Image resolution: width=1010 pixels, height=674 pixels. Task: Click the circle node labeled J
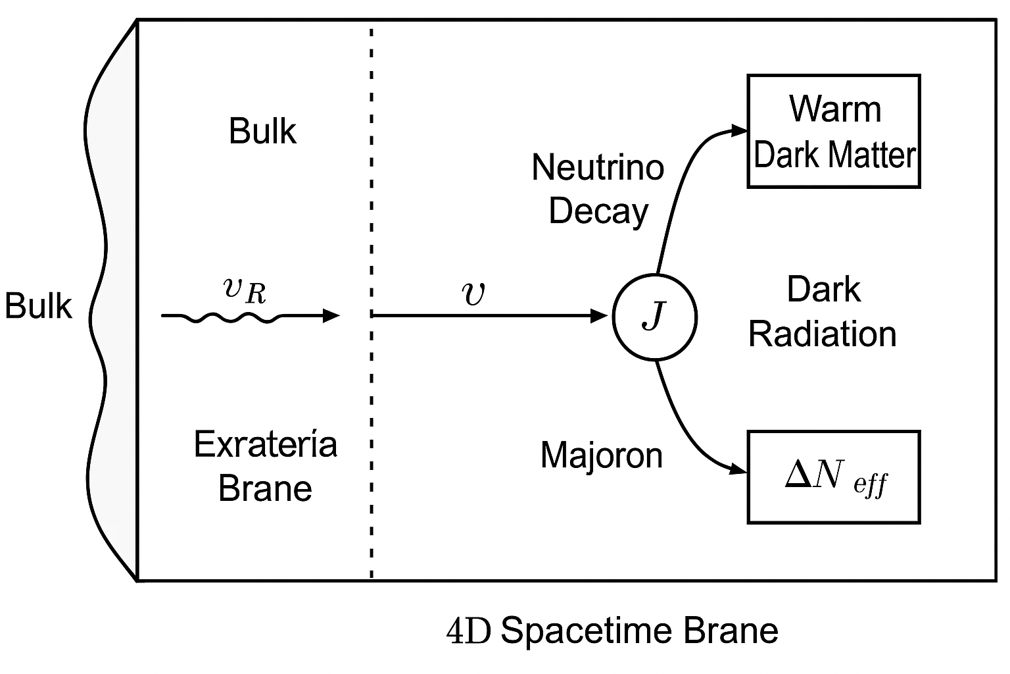coord(654,317)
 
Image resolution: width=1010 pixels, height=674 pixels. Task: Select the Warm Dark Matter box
coord(833,132)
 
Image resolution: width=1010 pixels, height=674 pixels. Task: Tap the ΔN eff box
coord(833,477)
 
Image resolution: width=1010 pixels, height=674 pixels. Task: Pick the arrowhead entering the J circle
coord(600,317)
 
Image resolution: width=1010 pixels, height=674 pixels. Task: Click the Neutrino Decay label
coord(598,189)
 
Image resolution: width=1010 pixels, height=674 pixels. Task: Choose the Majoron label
coord(601,455)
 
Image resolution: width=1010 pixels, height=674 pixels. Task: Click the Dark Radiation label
coord(823,312)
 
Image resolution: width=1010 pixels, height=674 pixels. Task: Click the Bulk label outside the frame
coord(38,306)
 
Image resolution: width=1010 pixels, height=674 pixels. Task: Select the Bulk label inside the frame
coord(262,131)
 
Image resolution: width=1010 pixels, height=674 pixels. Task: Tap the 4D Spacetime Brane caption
coord(612,631)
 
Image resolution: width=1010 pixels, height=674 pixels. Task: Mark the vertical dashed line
coord(372,395)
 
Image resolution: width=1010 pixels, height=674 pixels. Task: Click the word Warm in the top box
coord(834,109)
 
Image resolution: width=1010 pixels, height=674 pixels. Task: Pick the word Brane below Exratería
coord(265,488)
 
